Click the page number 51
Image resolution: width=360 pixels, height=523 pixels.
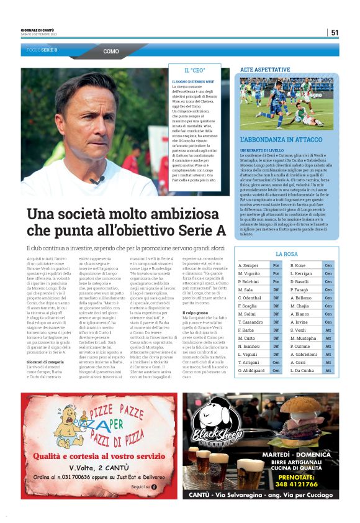click(335, 33)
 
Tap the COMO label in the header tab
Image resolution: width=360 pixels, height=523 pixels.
click(111, 52)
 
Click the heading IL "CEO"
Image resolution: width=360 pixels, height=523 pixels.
click(195, 71)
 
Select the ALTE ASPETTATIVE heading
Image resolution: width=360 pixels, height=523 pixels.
click(265, 70)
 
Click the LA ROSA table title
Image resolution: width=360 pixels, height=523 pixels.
click(286, 254)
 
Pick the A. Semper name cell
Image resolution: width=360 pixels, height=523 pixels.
click(248, 266)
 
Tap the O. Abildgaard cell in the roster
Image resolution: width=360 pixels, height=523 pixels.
click(252, 370)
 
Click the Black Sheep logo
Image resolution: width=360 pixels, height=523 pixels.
click(212, 422)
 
